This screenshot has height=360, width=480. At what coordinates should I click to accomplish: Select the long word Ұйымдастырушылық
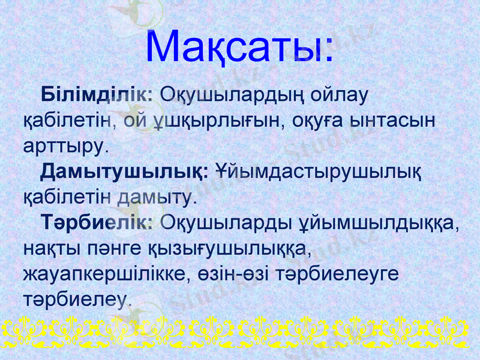coord(318,171)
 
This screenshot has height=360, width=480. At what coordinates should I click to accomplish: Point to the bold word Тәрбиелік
coord(98,223)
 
